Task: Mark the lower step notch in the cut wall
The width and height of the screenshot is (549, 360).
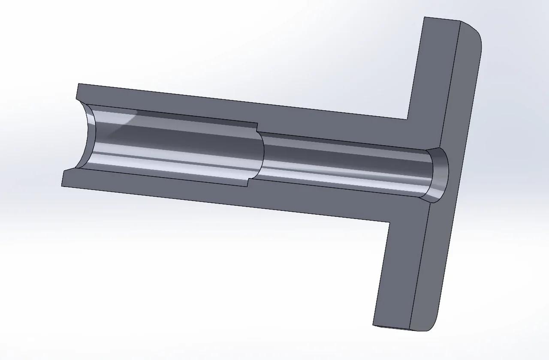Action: pos(248,183)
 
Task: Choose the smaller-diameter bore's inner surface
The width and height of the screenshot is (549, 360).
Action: pos(343,165)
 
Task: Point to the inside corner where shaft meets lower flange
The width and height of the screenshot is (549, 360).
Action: pos(389,222)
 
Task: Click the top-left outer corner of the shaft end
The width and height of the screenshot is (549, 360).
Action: pos(78,84)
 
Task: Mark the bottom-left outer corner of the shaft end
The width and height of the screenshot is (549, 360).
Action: pos(62,186)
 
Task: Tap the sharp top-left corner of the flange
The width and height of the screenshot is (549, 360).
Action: pos(425,17)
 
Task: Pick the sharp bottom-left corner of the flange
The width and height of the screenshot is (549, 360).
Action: pos(373,325)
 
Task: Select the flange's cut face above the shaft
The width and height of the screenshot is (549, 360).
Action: pos(433,77)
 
